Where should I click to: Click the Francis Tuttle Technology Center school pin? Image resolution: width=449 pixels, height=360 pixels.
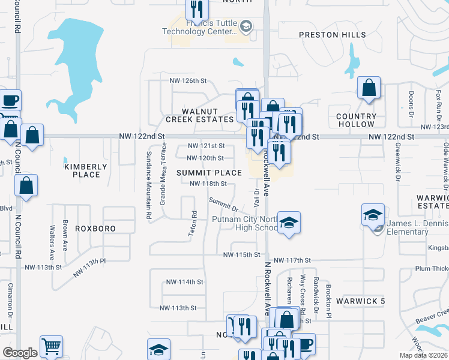(x=246, y=26)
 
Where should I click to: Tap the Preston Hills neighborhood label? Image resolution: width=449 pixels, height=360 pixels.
(x=333, y=35)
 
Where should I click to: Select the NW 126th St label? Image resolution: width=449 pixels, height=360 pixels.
(x=188, y=80)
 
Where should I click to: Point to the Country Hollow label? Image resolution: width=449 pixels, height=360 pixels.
(x=356, y=120)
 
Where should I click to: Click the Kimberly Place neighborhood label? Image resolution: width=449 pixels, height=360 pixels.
(x=86, y=170)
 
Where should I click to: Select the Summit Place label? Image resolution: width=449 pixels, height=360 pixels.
(x=209, y=173)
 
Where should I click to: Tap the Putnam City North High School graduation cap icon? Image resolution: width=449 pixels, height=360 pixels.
(x=289, y=224)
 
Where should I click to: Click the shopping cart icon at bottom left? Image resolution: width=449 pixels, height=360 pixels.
(x=51, y=346)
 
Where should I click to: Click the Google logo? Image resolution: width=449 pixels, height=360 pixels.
(x=20, y=353)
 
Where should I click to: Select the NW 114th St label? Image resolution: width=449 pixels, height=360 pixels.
(x=185, y=281)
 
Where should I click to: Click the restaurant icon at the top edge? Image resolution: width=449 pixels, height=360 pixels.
(x=197, y=10)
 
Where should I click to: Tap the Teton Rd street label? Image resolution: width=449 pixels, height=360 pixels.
(x=193, y=223)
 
